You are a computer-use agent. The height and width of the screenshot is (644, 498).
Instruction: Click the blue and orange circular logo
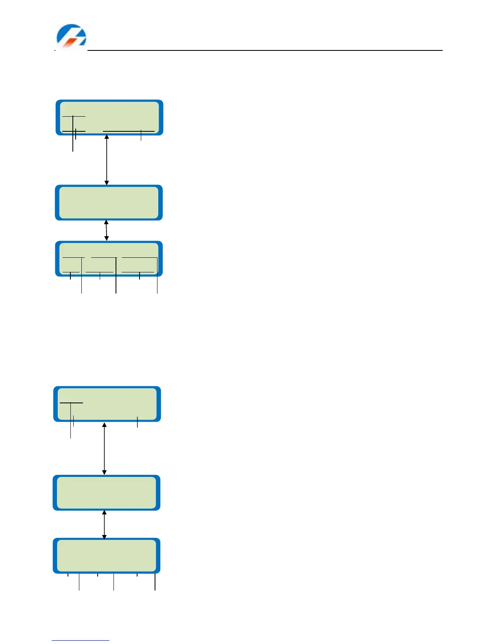[71, 36]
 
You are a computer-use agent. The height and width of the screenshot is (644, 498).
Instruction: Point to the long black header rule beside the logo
[264, 50]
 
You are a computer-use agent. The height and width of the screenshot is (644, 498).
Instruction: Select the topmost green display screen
[109, 117]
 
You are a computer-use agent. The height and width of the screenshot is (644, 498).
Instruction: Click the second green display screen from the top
[109, 202]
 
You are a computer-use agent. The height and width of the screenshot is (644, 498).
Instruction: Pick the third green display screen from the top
[109, 259]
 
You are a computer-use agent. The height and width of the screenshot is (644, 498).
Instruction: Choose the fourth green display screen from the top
[107, 404]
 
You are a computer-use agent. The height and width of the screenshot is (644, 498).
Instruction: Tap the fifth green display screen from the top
[106, 492]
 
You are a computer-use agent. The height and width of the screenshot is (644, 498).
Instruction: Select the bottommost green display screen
[106, 555]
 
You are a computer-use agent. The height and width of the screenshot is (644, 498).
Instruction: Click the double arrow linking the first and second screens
[107, 160]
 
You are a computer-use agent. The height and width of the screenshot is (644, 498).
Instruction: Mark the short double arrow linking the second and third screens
[107, 231]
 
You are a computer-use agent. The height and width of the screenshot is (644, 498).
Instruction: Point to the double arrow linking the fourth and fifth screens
[105, 448]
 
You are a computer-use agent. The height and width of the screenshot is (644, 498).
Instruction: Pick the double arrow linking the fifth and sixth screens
[105, 524]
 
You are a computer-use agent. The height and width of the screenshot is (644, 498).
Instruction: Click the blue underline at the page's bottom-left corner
[81, 641]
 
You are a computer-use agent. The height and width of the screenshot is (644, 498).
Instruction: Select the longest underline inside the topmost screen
[129, 131]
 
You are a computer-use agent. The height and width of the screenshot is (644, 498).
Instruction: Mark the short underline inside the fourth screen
[72, 403]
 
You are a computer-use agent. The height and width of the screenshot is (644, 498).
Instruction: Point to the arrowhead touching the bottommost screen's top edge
[105, 537]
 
